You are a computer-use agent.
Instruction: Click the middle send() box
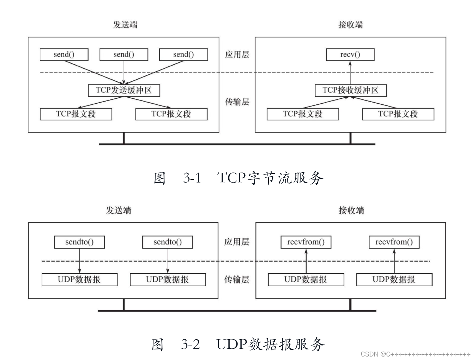[x=123, y=55]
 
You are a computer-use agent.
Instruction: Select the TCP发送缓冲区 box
[x=124, y=90]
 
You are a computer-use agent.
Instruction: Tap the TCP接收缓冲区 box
[x=350, y=90]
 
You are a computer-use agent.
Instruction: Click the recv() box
[x=350, y=55]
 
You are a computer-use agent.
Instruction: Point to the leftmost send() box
[x=64, y=55]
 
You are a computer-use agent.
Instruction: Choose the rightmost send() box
[x=183, y=55]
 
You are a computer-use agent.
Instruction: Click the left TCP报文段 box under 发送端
[x=76, y=114]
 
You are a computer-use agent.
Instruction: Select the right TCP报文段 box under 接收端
[x=398, y=114]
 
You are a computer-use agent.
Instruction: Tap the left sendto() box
[x=79, y=242]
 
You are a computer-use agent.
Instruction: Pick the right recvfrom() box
[x=394, y=242]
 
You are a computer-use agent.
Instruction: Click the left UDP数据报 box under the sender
[x=79, y=280]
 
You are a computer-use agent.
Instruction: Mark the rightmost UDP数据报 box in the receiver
[x=394, y=280]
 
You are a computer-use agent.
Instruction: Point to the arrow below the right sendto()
[x=168, y=261]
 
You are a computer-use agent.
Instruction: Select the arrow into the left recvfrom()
[x=306, y=261]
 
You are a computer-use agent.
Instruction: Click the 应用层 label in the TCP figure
[x=237, y=55]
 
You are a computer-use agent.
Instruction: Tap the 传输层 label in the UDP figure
[x=237, y=280]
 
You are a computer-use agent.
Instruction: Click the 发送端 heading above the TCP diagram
[x=125, y=25]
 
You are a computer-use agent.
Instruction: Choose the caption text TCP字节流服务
[x=270, y=178]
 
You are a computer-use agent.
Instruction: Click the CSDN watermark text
[x=415, y=354]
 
